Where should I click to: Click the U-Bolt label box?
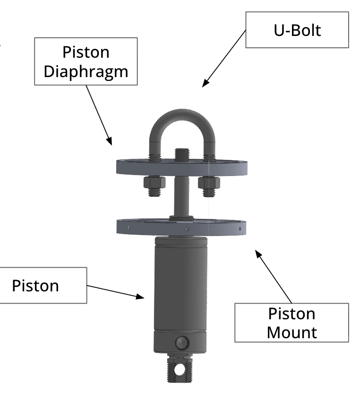pyautogui.click(x=297, y=31)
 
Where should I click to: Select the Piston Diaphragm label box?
pyautogui.click(x=86, y=61)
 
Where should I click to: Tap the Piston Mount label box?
pyautogui.click(x=291, y=323)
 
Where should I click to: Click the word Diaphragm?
pyautogui.click(x=86, y=71)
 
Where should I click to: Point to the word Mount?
pyautogui.click(x=291, y=332)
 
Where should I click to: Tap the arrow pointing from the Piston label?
pyautogui.click(x=116, y=291)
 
